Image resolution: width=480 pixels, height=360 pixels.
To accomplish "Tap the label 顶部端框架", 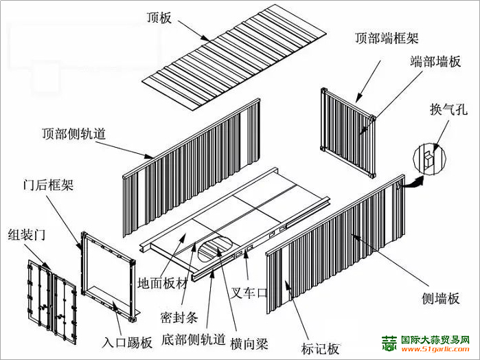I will (387, 37).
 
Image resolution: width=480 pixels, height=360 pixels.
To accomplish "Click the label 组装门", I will (26, 235).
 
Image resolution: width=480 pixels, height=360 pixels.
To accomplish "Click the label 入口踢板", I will (127, 342).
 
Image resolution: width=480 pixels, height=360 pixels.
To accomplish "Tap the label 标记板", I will (321, 348).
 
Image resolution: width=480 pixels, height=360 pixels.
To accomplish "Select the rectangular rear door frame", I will (106, 275).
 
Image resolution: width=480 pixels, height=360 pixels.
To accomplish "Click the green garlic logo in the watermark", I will (389, 344).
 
